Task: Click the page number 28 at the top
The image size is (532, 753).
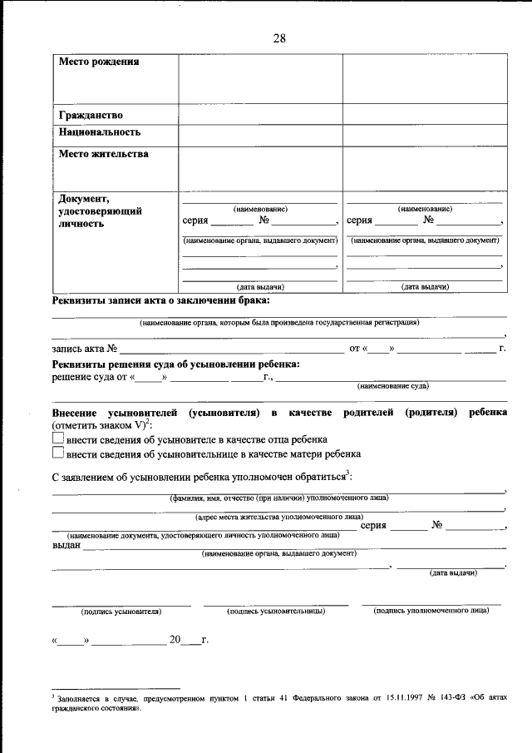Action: pyautogui.click(x=279, y=38)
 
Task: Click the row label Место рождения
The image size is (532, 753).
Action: pyautogui.click(x=98, y=62)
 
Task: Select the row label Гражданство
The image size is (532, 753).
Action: pyautogui.click(x=91, y=114)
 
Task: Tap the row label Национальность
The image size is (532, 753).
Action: pyautogui.click(x=99, y=131)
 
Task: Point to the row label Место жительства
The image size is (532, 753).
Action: pyautogui.click(x=103, y=154)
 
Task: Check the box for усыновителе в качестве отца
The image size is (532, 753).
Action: pyautogui.click(x=58, y=438)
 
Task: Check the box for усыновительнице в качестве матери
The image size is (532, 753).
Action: pyautogui.click(x=58, y=454)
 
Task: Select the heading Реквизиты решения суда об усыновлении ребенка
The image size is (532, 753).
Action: pyautogui.click(x=175, y=364)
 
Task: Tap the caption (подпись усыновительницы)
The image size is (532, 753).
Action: pyautogui.click(x=275, y=611)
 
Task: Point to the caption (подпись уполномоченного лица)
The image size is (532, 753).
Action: pyautogui.click(x=431, y=610)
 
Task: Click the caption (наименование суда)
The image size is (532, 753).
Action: pyautogui.click(x=392, y=386)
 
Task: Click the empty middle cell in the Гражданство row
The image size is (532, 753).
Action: pyautogui.click(x=260, y=114)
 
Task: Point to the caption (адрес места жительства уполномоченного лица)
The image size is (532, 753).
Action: pyautogui.click(x=278, y=517)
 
